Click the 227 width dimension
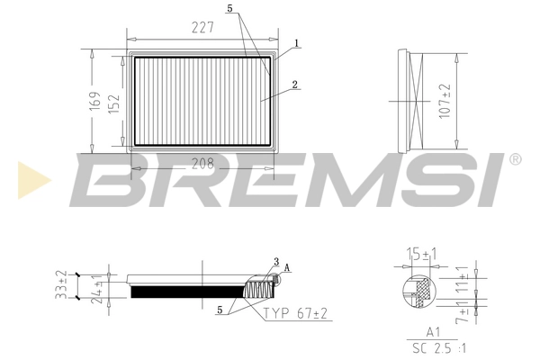click(x=202, y=28)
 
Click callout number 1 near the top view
click(x=296, y=42)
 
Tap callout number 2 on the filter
click(x=294, y=85)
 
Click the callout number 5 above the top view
click(x=230, y=9)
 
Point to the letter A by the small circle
click(x=287, y=267)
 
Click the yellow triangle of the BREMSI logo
click(x=31, y=179)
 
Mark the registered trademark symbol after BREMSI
click(x=514, y=159)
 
